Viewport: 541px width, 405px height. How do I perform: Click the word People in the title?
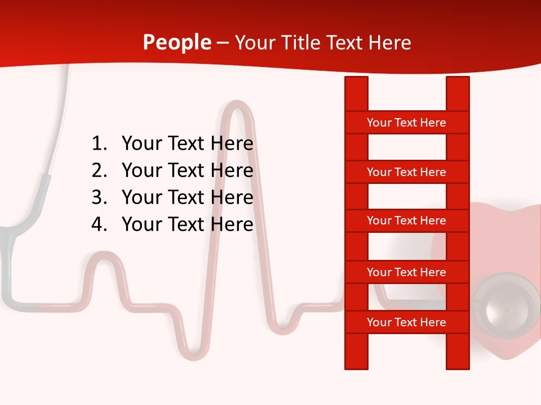coord(176,42)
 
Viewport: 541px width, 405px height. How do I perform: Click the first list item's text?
coord(187,144)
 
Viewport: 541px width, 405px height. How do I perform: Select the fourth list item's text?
coord(187,224)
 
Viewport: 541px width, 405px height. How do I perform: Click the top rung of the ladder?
coord(406,123)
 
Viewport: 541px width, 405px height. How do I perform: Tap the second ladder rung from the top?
coord(406,172)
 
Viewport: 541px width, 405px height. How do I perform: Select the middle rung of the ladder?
coord(406,220)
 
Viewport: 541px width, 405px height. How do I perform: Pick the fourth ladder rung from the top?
coord(406,272)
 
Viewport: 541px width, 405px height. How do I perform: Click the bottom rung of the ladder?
coord(406,322)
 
